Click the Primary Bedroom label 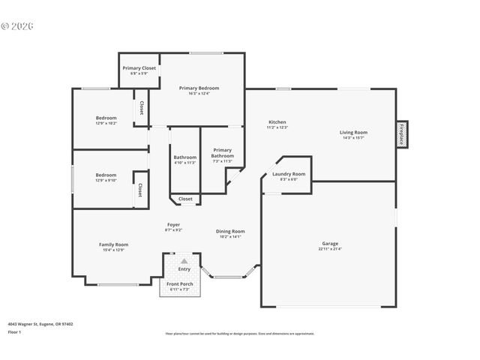tap(199, 88)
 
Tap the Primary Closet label tap(139, 68)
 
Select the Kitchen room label tap(277, 122)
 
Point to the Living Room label tap(355, 133)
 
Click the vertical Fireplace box tap(402, 135)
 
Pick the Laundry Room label tap(289, 174)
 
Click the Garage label tap(330, 243)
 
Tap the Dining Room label tap(231, 232)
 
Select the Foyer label tap(173, 224)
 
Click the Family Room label tap(114, 244)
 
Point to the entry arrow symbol tap(184, 261)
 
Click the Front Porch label tap(180, 284)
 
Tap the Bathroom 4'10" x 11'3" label tap(184, 157)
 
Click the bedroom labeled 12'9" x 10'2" tap(106, 118)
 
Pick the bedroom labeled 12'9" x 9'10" tap(106, 175)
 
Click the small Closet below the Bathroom tap(185, 199)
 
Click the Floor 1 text tap(14, 331)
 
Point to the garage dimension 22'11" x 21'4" tap(330, 249)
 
